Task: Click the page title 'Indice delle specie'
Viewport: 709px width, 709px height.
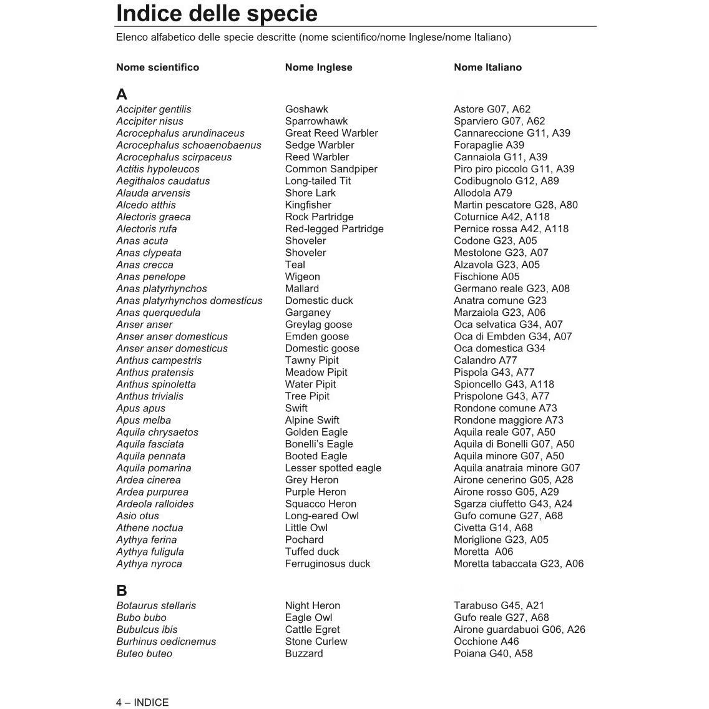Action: tap(217, 13)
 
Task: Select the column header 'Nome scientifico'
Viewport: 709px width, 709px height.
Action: tap(157, 67)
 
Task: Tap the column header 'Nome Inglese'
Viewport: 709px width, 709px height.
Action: tap(318, 67)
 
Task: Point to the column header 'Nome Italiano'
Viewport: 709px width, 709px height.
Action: tap(487, 67)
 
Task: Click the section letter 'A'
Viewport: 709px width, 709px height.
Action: tap(122, 94)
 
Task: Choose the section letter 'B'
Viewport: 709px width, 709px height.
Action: tap(122, 590)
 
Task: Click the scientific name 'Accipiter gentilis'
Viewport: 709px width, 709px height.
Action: tap(154, 109)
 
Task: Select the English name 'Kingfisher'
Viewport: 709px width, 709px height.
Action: tap(308, 205)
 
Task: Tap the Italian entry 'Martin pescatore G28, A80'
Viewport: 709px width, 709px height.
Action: tap(516, 205)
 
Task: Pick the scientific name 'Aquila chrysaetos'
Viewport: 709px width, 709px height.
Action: tap(157, 432)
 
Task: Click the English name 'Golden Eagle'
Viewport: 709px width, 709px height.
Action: tap(316, 432)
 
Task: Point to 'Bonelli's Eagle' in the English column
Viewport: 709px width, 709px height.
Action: tap(318, 444)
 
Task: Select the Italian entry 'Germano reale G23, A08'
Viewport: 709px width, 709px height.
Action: tap(511, 288)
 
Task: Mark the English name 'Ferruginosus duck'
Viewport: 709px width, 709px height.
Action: tap(327, 564)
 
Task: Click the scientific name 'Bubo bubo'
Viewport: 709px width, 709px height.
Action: tap(141, 617)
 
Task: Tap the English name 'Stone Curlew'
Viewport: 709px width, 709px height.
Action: tap(316, 641)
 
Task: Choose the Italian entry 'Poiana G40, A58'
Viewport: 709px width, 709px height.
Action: tap(493, 653)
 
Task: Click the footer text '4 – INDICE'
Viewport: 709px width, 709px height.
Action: tap(142, 702)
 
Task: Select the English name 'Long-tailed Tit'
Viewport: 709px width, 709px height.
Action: tap(318, 181)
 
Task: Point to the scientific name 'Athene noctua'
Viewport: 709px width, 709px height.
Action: tap(149, 527)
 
